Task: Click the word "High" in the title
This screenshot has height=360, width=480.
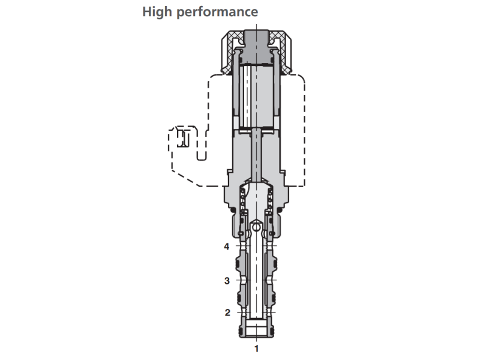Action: (157, 11)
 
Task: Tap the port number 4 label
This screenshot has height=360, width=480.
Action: (227, 245)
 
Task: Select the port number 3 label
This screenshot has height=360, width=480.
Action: (227, 280)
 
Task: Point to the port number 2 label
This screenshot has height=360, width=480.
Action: (227, 312)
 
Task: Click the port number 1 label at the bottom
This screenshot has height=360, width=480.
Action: (257, 347)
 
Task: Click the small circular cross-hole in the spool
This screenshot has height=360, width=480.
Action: (257, 228)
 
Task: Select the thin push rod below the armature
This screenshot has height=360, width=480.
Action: (257, 156)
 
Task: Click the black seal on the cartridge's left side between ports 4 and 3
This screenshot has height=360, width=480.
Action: (239, 262)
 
